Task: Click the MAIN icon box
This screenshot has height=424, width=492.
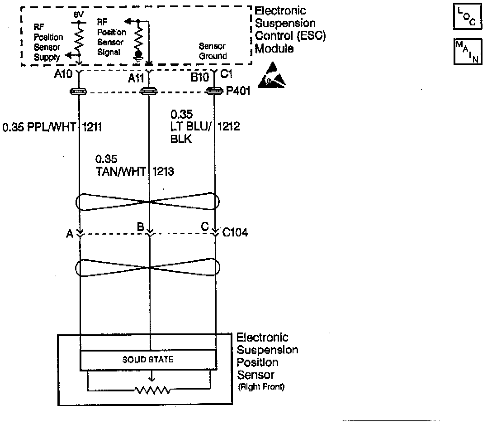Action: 468,52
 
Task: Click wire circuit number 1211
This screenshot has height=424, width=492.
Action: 92,128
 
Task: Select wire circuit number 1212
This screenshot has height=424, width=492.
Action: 229,127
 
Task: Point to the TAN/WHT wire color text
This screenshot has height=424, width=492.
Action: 121,171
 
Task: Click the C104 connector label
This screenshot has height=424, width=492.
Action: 235,233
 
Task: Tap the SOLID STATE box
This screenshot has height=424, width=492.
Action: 148,360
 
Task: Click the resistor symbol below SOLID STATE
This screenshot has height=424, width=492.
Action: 152,390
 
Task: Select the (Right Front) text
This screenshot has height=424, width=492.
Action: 261,387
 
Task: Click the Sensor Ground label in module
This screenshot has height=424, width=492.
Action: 213,51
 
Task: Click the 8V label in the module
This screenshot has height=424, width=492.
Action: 79,14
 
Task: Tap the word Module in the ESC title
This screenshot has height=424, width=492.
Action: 274,49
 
